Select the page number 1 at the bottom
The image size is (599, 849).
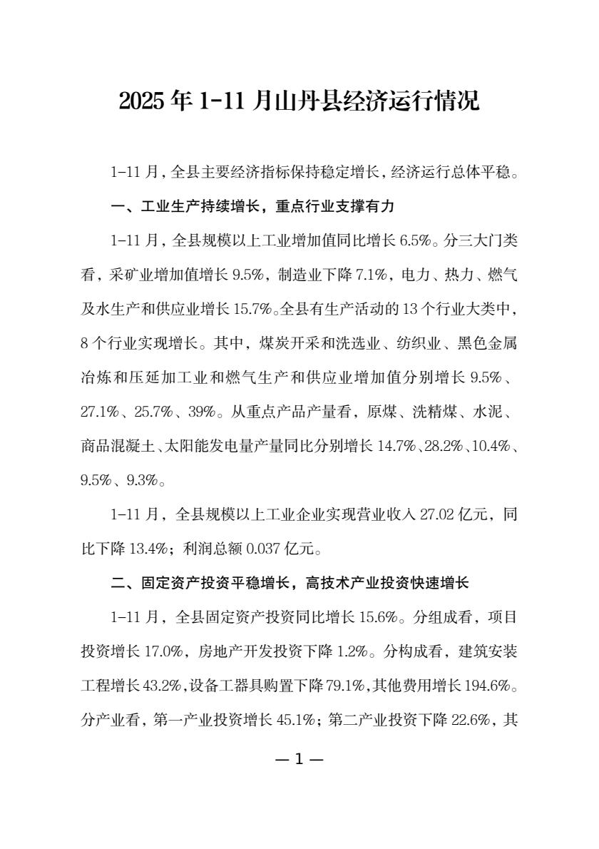[x=299, y=758]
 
